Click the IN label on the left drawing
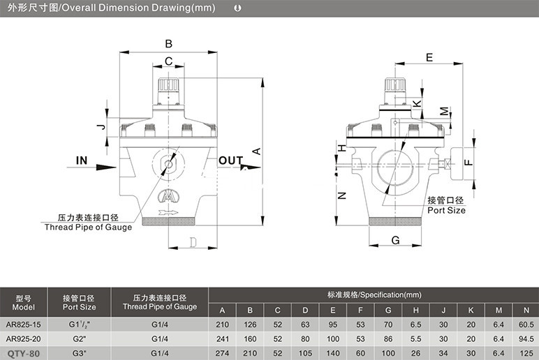pyautogui.click(x=82, y=160)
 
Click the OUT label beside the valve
pyautogui.click(x=230, y=160)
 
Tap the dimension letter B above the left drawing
pyautogui.click(x=168, y=44)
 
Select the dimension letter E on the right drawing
pyautogui.click(x=429, y=57)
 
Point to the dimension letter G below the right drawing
pyautogui.click(x=396, y=240)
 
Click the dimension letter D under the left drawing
pyautogui.click(x=193, y=243)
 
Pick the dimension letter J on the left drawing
pyautogui.click(x=102, y=127)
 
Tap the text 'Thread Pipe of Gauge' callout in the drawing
pyautogui.click(x=89, y=227)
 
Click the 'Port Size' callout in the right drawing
pyautogui.click(x=447, y=210)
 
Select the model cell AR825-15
pyautogui.click(x=23, y=324)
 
